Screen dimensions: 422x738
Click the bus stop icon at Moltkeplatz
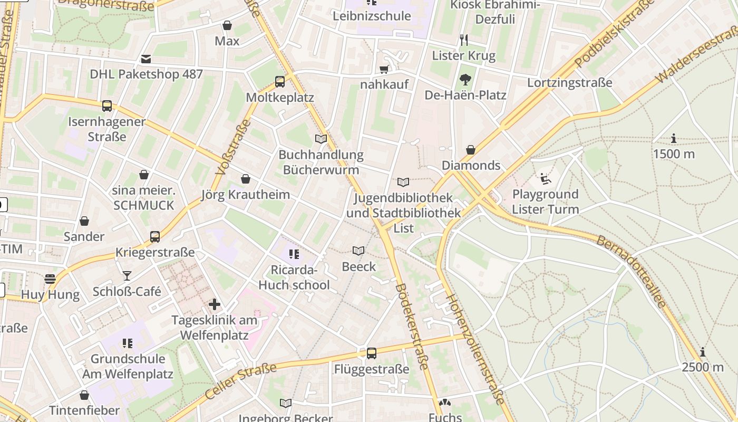(280, 82)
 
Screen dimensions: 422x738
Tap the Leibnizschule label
(372, 16)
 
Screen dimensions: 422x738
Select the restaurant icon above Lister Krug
(464, 40)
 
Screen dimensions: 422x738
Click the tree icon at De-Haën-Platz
(465, 80)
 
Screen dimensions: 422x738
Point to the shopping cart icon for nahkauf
(384, 70)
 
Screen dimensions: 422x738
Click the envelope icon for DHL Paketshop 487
(145, 59)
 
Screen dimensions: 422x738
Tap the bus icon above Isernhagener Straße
(107, 106)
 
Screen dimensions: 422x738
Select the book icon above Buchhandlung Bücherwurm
(321, 139)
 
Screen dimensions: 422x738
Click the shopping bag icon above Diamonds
(471, 150)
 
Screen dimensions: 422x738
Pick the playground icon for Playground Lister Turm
(546, 179)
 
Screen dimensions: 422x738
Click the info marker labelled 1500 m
(674, 139)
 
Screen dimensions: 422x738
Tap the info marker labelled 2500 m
(703, 352)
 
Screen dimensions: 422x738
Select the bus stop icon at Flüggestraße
(372, 353)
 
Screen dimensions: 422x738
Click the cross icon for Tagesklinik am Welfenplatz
(215, 304)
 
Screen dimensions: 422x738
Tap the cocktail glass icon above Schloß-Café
(127, 275)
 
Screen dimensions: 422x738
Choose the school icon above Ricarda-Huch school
(294, 254)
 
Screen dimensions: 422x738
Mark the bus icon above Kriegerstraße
(155, 237)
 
